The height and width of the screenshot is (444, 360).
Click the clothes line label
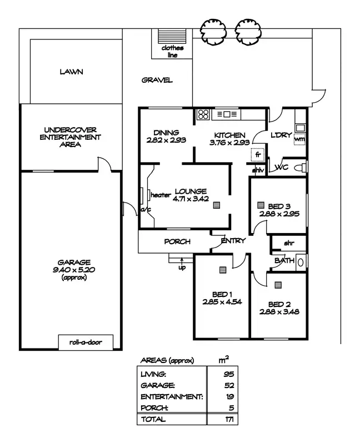coord(172,51)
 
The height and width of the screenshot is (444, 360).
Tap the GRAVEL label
coord(157,80)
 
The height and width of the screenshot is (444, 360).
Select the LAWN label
coord(71,72)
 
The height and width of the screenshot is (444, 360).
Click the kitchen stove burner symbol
coord(203,115)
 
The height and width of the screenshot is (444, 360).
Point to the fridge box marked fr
coord(258,155)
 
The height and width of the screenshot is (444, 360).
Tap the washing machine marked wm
coord(299,139)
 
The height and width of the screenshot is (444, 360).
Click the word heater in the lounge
coord(160,195)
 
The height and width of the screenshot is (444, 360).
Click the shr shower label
coord(288,243)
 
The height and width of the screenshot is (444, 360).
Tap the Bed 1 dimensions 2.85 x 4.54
coord(220,302)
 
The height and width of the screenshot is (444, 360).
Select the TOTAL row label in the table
coord(153,419)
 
